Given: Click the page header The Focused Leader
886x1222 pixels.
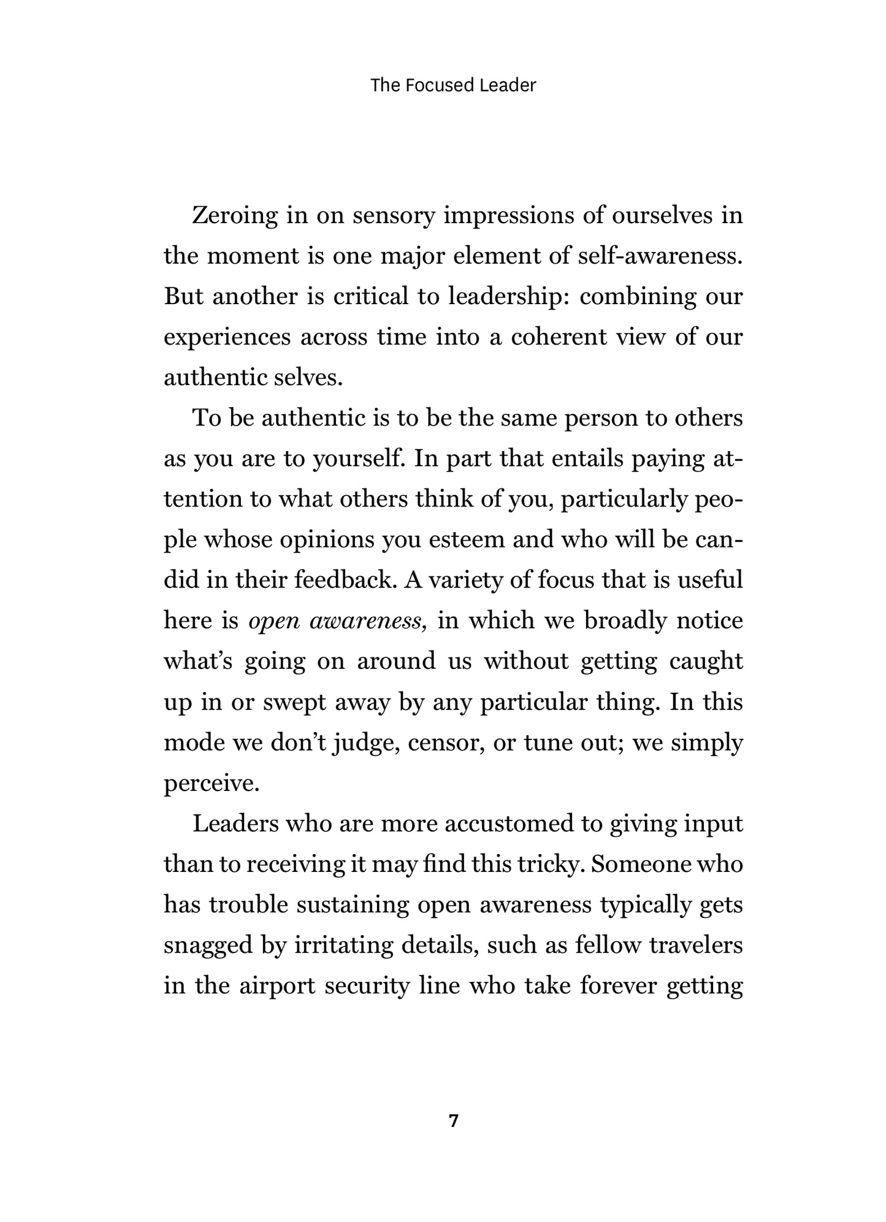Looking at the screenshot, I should pos(453,85).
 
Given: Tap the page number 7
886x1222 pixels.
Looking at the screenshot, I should pos(453,1121).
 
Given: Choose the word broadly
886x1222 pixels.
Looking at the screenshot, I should pos(625,621).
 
